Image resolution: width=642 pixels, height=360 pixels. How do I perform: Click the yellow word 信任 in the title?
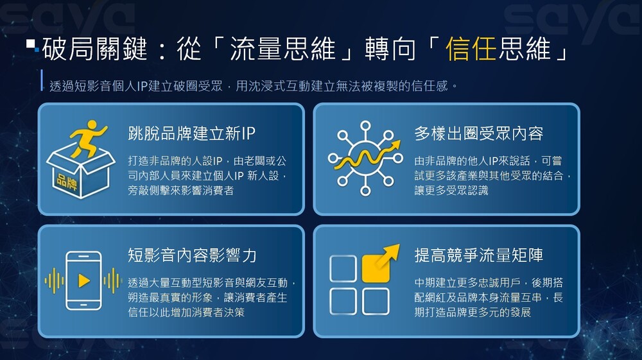pyautogui.click(x=471, y=49)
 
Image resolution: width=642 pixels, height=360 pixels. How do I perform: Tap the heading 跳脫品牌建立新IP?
pyautogui.click(x=191, y=133)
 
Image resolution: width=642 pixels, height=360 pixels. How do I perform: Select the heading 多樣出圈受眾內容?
pyautogui.click(x=479, y=133)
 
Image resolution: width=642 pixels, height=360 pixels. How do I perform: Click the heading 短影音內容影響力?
pyautogui.click(x=192, y=255)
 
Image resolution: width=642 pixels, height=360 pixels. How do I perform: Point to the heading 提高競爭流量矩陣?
pyautogui.click(x=479, y=255)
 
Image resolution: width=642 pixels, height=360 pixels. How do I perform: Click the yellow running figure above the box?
pyautogui.click(x=87, y=138)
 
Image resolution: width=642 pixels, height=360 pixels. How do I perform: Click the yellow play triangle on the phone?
pyautogui.click(x=84, y=280)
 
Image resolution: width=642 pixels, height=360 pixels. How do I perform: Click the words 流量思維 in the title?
pyautogui.click(x=282, y=49)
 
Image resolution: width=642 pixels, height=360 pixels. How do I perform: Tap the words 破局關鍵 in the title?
pyautogui.click(x=94, y=49)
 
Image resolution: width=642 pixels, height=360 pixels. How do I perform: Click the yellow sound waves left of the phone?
pyautogui.click(x=55, y=280)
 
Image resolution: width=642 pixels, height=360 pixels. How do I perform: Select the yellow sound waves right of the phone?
pyautogui.click(x=112, y=280)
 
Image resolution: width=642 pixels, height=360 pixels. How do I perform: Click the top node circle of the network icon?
pyautogui.click(x=366, y=126)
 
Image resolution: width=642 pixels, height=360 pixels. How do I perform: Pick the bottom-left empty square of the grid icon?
pyautogui.click(x=343, y=301)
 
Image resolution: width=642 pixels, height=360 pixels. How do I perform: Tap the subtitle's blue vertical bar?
pyautogui.click(x=42, y=80)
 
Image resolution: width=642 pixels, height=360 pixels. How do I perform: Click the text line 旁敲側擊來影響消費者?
pyautogui.click(x=180, y=191)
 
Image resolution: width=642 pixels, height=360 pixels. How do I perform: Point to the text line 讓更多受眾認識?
pyautogui.click(x=451, y=191)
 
